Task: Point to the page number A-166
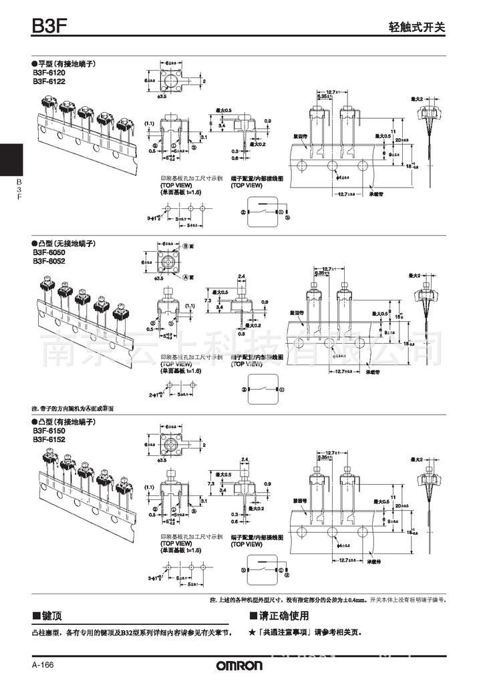43,666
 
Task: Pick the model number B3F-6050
49,253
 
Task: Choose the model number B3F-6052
49,261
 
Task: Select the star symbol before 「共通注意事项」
251,631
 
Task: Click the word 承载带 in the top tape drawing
376,196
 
